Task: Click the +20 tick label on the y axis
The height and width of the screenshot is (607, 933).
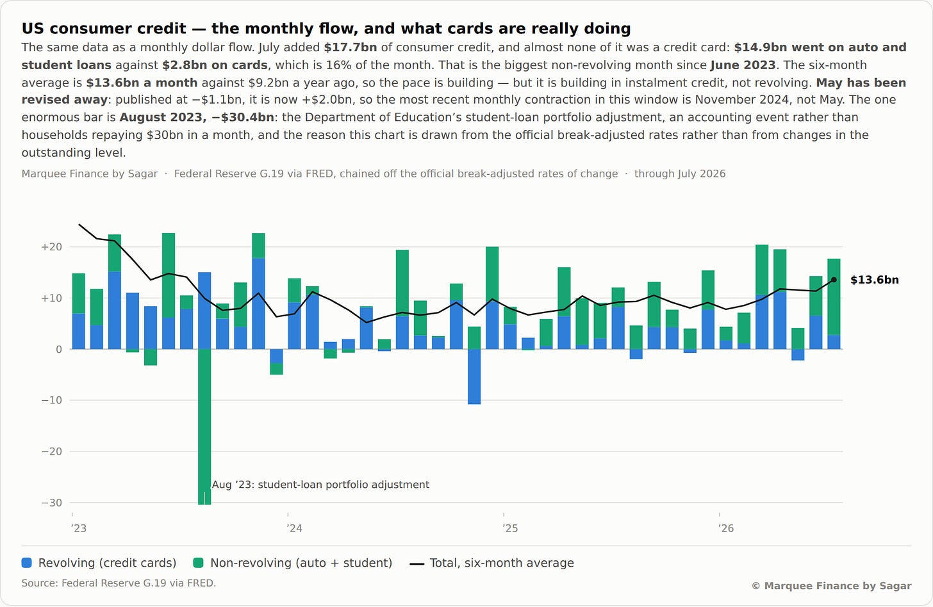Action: click(51, 247)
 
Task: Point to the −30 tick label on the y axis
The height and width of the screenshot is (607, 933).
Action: click(51, 503)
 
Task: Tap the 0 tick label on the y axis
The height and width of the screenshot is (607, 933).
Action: click(59, 350)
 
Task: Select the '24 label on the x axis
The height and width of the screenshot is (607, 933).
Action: click(294, 528)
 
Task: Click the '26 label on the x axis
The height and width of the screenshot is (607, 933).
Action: click(725, 528)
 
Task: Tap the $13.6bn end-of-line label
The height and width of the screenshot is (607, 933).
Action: click(874, 280)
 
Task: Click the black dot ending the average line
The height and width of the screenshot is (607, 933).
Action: click(834, 280)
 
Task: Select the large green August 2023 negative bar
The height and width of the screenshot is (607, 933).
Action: click(204, 426)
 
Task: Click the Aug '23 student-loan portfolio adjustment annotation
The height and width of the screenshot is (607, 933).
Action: click(320, 485)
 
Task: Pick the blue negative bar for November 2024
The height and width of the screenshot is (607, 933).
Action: click(474, 376)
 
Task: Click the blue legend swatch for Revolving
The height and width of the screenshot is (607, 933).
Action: click(27, 563)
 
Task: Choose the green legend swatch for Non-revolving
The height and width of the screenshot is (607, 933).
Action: click(198, 563)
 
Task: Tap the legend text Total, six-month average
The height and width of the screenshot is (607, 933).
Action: click(502, 563)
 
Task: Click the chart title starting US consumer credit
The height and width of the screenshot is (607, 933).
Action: click(326, 29)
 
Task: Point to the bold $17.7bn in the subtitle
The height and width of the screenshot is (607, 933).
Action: click(351, 47)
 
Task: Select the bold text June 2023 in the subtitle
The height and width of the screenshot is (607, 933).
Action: click(743, 65)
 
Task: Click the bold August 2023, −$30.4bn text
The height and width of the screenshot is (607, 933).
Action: click(197, 117)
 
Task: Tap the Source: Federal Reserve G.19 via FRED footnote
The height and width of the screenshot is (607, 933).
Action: click(119, 583)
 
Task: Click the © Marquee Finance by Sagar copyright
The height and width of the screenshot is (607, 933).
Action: click(831, 586)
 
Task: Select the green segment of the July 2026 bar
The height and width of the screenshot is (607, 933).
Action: click(834, 297)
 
